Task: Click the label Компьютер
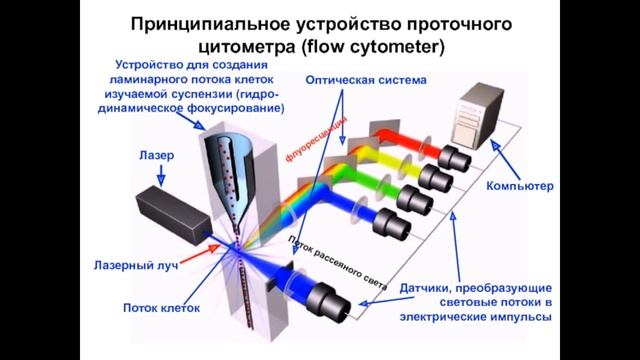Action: click(519, 187)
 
